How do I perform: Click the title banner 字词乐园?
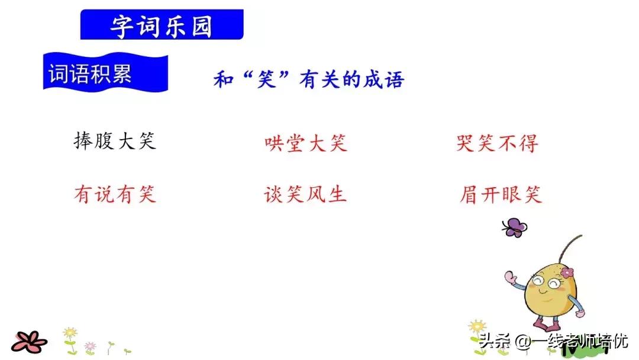(162, 25)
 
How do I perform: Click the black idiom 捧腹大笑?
(115, 142)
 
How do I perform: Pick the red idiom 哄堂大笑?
(306, 143)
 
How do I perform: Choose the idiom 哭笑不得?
(497, 143)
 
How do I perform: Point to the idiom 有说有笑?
(115, 194)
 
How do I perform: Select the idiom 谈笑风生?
(305, 194)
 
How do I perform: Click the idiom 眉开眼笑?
(501, 195)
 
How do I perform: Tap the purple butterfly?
(514, 227)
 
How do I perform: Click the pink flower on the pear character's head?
(567, 272)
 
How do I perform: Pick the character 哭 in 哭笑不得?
(466, 143)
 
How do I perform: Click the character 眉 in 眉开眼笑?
(469, 195)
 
